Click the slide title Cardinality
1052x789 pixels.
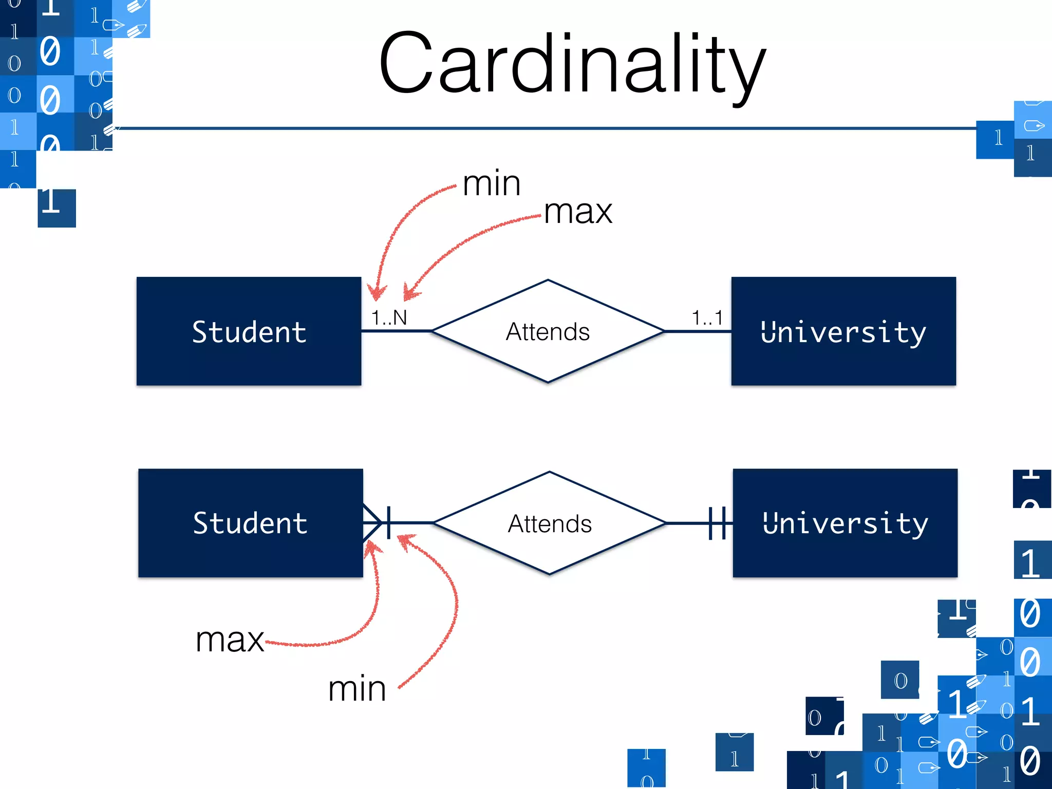pos(572,64)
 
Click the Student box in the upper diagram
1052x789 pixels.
pos(249,331)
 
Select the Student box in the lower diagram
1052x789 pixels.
pos(251,523)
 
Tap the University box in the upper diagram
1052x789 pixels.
pos(843,331)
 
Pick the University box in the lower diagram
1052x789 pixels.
pos(845,523)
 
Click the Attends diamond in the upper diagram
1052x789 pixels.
pos(548,331)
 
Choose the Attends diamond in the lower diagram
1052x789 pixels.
pos(550,523)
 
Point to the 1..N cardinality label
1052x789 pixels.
pos(389,317)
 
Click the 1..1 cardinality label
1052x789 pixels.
pos(707,317)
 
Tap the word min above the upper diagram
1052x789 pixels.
pos(492,183)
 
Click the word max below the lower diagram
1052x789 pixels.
pos(230,641)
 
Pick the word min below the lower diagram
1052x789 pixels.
pos(357,689)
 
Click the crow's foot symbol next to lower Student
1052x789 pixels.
pos(372,523)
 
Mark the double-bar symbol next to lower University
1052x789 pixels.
pos(717,523)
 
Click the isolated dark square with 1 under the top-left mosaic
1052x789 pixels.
pos(57,208)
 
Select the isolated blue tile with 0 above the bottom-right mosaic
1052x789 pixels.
pos(900,680)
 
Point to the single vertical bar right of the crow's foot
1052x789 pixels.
pos(389,523)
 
